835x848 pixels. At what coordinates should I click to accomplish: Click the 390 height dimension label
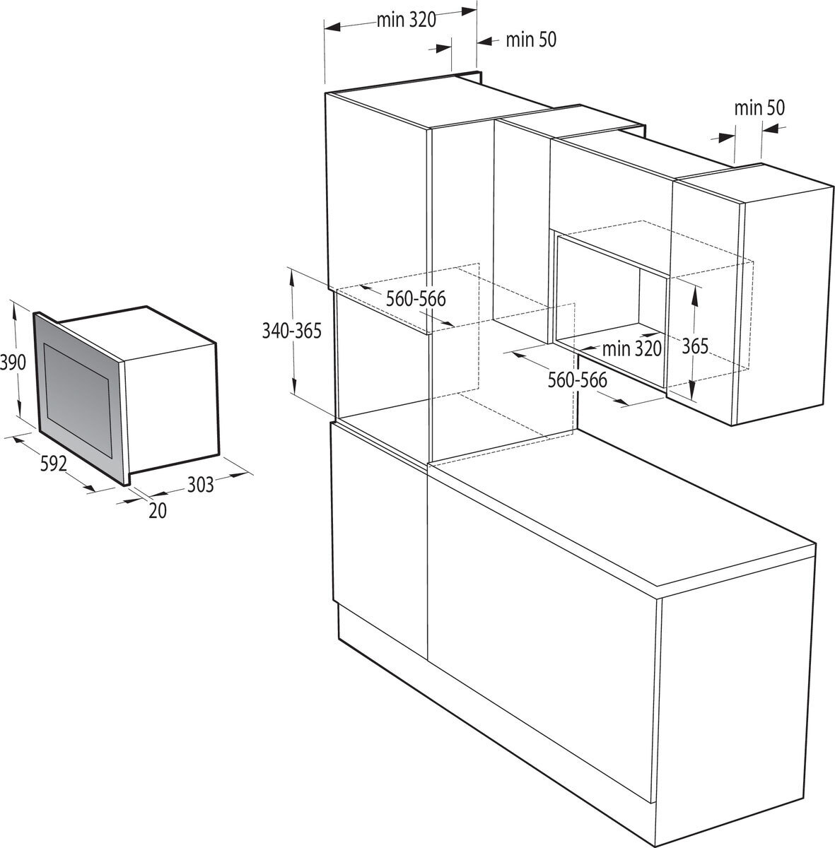click(x=13, y=363)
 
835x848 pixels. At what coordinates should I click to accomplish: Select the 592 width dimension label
click(x=53, y=464)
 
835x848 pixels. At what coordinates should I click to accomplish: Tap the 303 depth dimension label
click(x=200, y=485)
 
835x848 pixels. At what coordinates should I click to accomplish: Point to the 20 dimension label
click(x=158, y=510)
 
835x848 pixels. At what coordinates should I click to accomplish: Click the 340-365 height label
click(x=292, y=331)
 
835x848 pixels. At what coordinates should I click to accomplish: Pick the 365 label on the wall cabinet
click(x=695, y=346)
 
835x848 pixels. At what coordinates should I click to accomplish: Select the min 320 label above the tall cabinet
click(x=406, y=20)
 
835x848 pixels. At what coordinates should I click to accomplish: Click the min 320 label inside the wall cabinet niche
click(x=632, y=349)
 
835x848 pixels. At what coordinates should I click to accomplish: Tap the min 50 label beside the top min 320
click(x=531, y=40)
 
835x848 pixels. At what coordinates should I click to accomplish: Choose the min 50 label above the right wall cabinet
click(x=759, y=108)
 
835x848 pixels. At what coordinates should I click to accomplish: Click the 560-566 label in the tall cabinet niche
click(x=416, y=299)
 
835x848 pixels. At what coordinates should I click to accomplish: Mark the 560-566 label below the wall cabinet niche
click(x=578, y=379)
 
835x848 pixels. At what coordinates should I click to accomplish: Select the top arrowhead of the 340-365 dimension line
click(x=292, y=279)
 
